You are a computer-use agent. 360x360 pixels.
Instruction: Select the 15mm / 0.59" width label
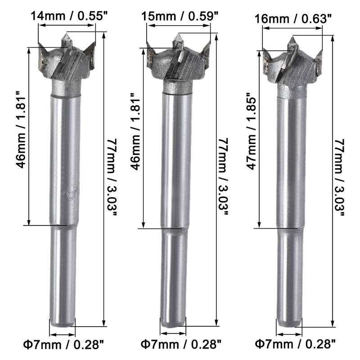[x=180, y=16]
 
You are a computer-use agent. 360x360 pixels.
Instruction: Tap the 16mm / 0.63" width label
[x=293, y=19]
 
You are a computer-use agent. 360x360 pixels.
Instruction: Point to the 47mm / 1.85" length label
[x=252, y=133]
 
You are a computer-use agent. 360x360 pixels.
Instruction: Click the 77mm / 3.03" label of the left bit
[x=112, y=177]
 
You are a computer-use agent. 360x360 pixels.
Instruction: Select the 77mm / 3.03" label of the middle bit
[x=223, y=177]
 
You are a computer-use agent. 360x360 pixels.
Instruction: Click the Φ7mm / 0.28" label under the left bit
[x=64, y=345]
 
